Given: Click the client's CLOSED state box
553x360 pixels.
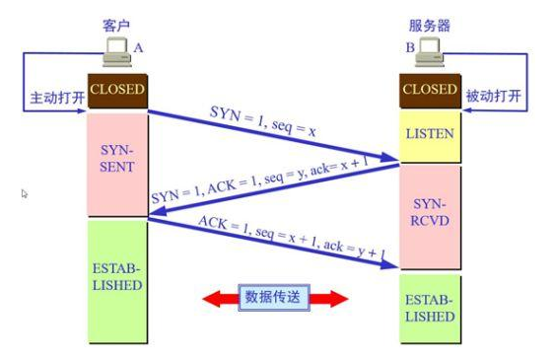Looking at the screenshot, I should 117,91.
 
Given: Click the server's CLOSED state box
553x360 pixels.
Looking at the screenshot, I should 430,91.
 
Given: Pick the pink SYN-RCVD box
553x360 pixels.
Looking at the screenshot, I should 430,214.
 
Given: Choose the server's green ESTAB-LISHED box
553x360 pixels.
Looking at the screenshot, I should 430,308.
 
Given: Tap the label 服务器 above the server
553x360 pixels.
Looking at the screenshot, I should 430,21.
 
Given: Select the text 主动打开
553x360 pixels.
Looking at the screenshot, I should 56,101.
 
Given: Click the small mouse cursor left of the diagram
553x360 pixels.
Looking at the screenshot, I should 25,194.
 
